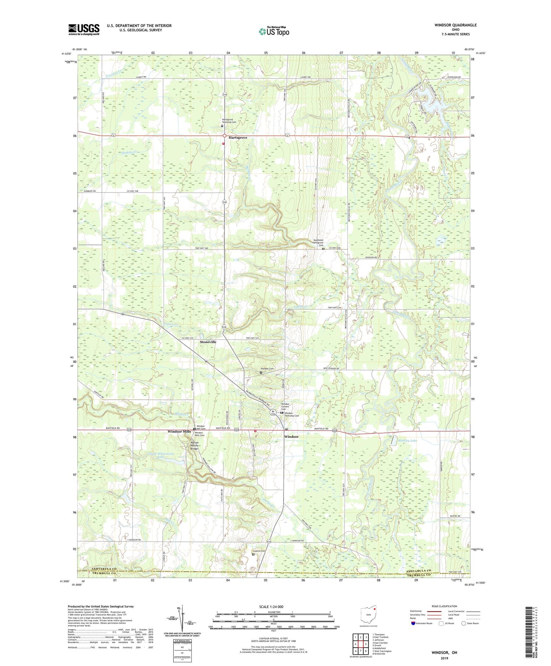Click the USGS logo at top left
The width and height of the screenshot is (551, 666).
coord(84,29)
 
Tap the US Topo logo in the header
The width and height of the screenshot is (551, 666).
coord(274,32)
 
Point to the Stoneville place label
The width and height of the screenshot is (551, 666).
coord(208,342)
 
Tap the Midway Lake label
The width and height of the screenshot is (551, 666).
coord(407,440)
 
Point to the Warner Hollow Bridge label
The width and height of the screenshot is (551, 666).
coord(194,445)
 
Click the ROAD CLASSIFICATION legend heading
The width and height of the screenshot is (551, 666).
coord(444,606)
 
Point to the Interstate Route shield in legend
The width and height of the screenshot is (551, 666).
coord(413,623)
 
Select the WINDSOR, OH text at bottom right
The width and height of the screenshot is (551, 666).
coord(444,652)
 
